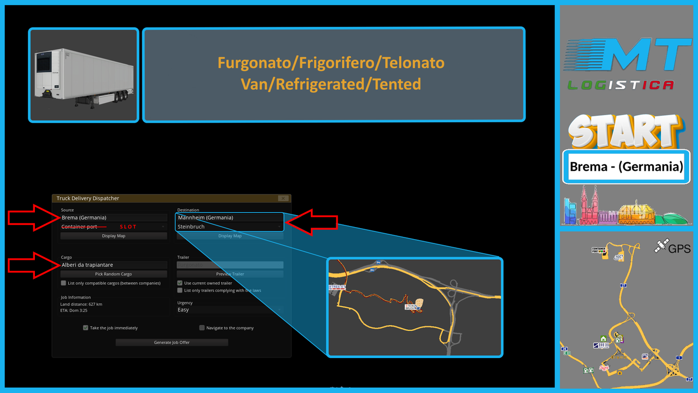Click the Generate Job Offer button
[x=172, y=342]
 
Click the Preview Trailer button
[x=230, y=274]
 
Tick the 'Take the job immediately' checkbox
[x=86, y=328]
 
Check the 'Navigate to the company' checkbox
[x=202, y=328]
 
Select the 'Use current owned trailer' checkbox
[x=180, y=283]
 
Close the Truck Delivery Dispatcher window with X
[x=282, y=198]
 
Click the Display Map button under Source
[x=113, y=236]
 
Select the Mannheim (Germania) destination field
[x=229, y=217]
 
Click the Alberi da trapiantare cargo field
[x=113, y=265]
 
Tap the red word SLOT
[x=128, y=227]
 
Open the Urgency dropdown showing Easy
[x=229, y=309]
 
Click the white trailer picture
[x=83, y=75]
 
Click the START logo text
[x=625, y=132]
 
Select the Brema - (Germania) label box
[x=626, y=166]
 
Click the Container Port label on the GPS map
[x=599, y=250]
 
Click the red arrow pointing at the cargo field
[x=33, y=265]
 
